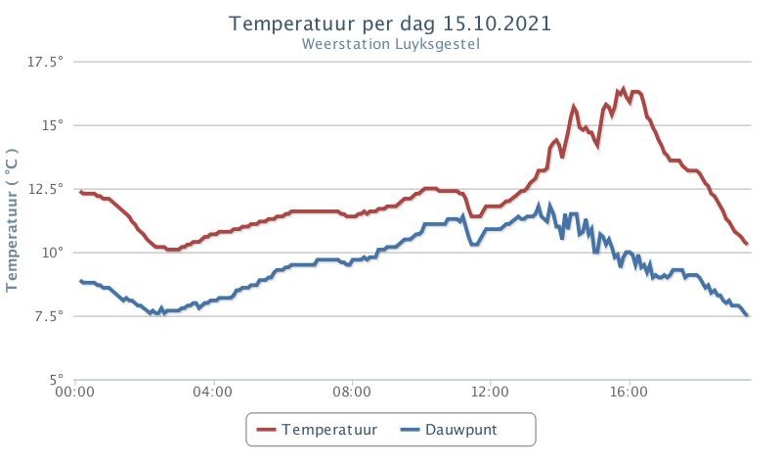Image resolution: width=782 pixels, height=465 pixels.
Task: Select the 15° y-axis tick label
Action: click(x=53, y=124)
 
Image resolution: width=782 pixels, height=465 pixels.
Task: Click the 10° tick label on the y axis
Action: click(x=53, y=252)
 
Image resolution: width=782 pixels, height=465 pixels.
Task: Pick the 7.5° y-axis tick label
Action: click(x=49, y=315)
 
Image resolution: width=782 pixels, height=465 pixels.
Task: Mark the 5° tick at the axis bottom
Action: click(x=57, y=379)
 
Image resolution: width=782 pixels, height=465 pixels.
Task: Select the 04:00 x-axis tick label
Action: click(x=213, y=393)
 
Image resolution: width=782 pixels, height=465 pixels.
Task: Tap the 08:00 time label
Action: click(x=351, y=393)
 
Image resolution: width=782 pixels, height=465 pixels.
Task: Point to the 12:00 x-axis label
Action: click(x=490, y=393)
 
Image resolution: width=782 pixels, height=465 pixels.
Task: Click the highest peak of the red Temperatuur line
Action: click(x=623, y=88)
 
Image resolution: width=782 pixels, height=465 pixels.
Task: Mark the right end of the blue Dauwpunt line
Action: click(x=748, y=315)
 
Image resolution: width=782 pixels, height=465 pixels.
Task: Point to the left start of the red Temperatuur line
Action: click(x=80, y=192)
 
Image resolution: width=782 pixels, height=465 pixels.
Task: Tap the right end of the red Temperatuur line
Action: click(x=748, y=244)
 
